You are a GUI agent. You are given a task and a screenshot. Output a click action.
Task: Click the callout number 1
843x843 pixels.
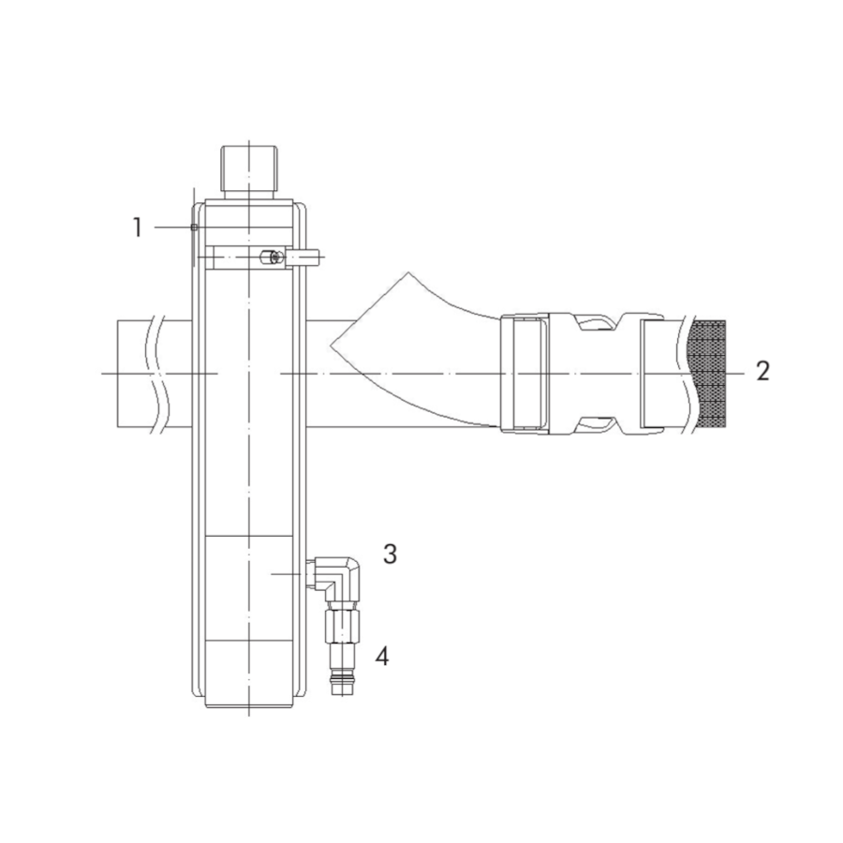pos(138,228)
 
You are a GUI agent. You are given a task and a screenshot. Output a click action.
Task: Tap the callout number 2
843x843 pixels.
pos(762,371)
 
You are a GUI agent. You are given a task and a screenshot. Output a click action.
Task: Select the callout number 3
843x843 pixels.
pos(391,554)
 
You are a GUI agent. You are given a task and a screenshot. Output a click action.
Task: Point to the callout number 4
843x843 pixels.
pos(382,656)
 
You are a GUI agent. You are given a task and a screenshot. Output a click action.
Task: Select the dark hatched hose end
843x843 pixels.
pos(707,374)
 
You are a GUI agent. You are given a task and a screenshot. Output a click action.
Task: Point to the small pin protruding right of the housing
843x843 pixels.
pos(305,259)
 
